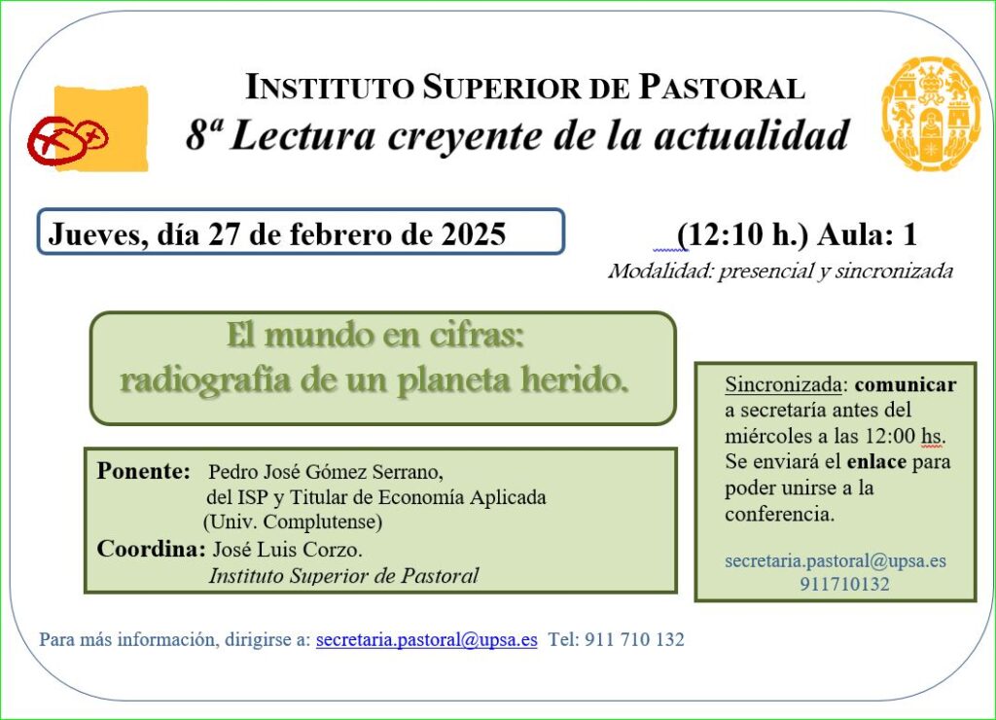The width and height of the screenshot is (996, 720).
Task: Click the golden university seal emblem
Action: point(931,115)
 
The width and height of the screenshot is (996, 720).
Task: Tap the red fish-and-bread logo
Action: point(68,140)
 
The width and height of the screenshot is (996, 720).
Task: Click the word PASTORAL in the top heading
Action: point(722,87)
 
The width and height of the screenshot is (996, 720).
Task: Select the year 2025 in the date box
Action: point(474,234)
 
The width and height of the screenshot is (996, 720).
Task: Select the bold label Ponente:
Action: point(144,471)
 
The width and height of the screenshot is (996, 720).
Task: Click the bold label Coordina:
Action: point(151,549)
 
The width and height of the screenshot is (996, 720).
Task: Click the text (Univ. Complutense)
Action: point(293,522)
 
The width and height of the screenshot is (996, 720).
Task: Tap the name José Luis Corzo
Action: point(287,549)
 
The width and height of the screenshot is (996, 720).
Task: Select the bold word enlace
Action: point(876,461)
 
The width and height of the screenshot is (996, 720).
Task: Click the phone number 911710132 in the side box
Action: point(844,584)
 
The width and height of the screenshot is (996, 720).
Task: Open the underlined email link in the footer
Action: point(427,639)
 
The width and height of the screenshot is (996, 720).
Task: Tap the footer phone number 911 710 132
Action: point(634,639)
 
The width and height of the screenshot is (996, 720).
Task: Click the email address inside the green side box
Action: point(836,561)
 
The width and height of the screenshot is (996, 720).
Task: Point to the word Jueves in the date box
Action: point(94,234)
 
